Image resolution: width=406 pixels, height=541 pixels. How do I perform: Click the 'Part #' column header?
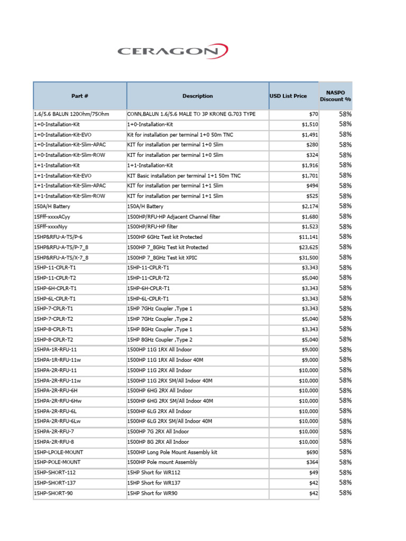click(80, 96)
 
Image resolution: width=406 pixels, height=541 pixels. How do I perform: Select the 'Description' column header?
click(198, 96)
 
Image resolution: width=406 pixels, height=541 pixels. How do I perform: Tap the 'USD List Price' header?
click(288, 96)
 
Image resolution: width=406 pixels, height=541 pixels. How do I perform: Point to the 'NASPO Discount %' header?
click(335, 96)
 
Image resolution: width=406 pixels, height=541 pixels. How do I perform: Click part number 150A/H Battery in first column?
click(52, 207)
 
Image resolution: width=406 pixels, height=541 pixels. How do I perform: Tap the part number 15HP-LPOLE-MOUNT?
click(58, 452)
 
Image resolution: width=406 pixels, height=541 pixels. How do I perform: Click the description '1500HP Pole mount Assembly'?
click(162, 462)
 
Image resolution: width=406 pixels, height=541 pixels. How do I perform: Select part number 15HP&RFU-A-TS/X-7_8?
click(61, 258)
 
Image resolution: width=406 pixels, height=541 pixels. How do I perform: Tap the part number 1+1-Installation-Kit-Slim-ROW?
click(69, 196)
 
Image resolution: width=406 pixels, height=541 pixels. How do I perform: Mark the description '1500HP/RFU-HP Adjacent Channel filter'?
click(174, 217)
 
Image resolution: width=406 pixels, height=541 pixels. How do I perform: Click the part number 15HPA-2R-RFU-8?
click(54, 442)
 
